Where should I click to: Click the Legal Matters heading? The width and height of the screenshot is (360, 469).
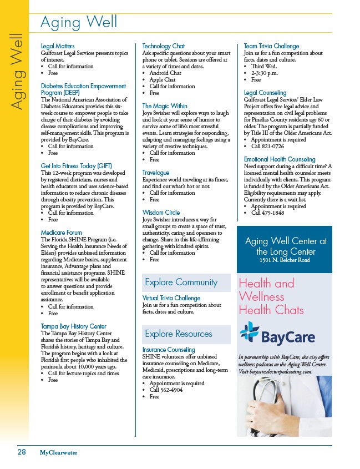tap(58, 46)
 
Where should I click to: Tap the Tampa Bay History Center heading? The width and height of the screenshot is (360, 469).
tap(74, 326)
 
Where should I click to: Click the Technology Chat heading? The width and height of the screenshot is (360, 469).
tap(164, 46)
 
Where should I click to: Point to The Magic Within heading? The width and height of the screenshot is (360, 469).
tap(165, 106)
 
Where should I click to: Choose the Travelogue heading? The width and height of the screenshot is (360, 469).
tap(156, 173)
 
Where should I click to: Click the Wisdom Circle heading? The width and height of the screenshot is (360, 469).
tap(161, 213)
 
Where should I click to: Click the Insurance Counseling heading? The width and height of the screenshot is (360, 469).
tap(169, 350)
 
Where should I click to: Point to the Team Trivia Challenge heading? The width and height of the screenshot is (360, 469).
tap(271, 46)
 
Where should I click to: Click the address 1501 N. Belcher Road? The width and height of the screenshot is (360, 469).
tap(284, 260)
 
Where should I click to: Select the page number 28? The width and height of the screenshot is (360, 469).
tap(21, 452)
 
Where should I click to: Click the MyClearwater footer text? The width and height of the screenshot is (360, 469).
tap(58, 453)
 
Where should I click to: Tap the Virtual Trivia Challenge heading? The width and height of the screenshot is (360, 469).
tap(171, 298)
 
